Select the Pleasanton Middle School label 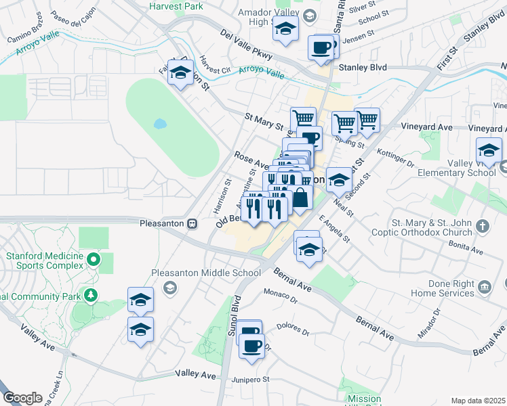point(206,273)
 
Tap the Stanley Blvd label point(362,68)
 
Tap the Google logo point(22,398)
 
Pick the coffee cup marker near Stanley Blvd point(321,47)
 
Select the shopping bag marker point(300,199)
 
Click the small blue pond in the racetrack point(160,124)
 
